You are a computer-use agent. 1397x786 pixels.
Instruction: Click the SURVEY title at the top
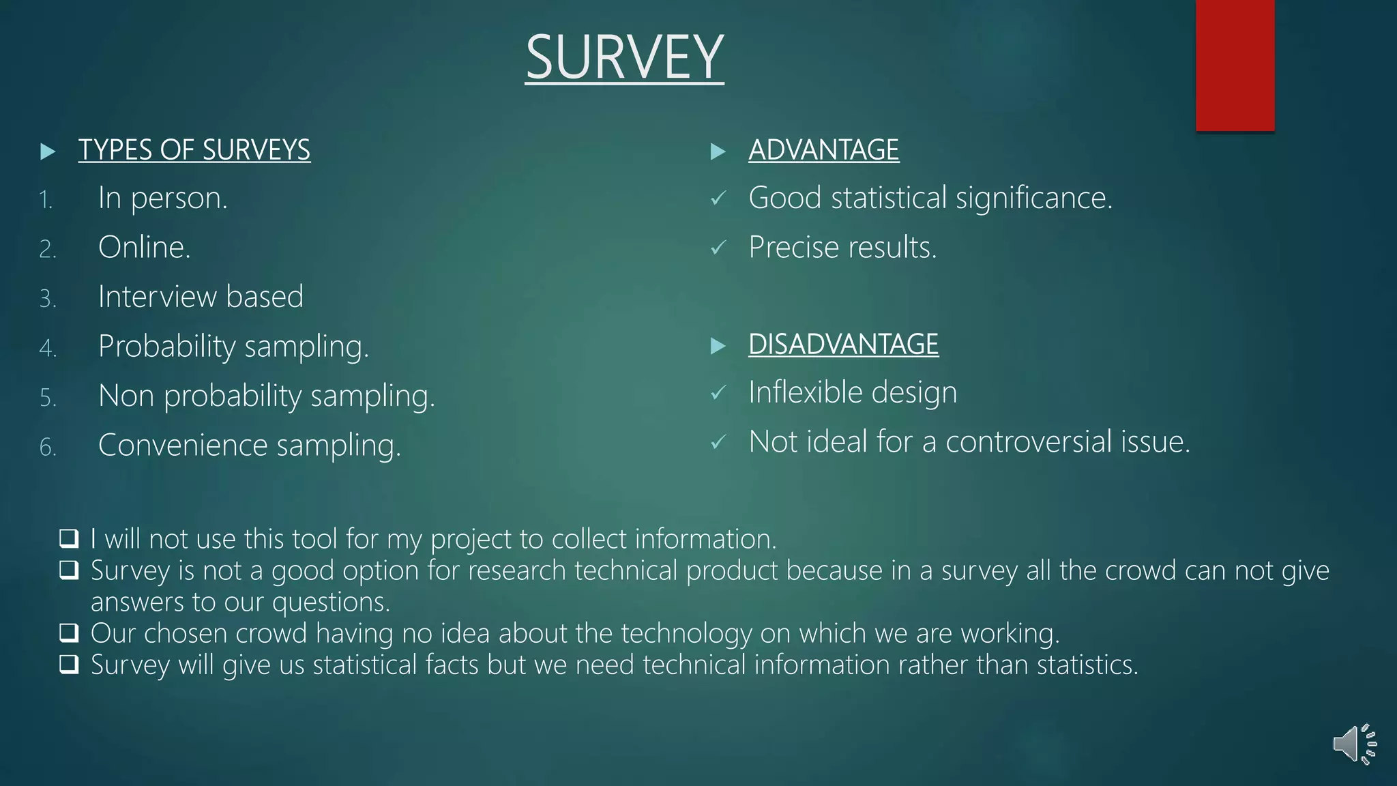(624, 58)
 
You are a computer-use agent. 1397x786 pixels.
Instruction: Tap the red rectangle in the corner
(1235, 65)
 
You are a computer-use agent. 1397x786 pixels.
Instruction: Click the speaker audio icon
(1354, 744)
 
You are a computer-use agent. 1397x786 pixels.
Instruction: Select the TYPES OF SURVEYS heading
(194, 150)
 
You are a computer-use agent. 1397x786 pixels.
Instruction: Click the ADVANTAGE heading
(823, 150)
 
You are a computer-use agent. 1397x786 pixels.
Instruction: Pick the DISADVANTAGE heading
(843, 345)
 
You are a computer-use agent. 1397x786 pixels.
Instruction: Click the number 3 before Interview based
(47, 299)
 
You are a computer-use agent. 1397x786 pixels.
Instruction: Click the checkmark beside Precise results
(718, 248)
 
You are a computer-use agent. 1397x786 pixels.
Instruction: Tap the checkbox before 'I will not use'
(69, 538)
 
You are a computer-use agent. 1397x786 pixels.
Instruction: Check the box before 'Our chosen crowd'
(69, 632)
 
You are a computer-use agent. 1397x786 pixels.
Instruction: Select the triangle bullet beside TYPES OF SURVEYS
(48, 151)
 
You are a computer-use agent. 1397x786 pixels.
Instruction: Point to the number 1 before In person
(46, 200)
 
